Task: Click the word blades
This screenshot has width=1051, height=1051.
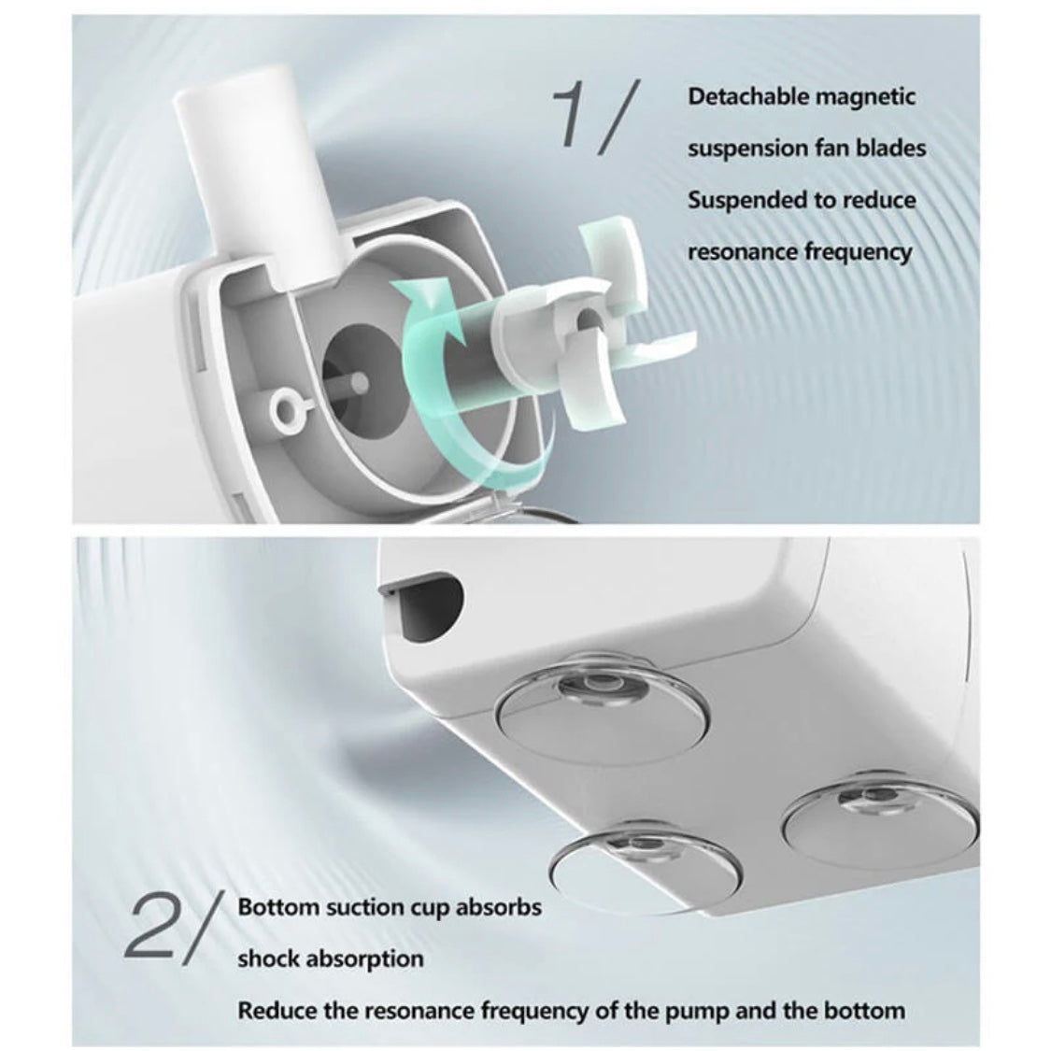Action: [x=891, y=149]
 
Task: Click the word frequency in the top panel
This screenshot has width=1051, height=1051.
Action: [x=858, y=252]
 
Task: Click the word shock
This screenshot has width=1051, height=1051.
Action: [x=268, y=959]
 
